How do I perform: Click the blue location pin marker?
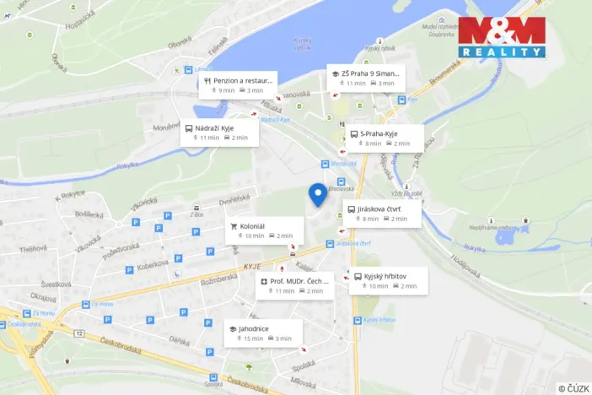coord(318,194)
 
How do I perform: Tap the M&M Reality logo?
coord(502,36)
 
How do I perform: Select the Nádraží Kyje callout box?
coord(217,133)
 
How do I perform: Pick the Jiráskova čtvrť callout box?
coord(381,213)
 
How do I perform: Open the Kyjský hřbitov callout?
coord(387,281)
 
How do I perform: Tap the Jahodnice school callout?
coord(261,333)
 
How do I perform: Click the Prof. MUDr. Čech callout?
coord(295,285)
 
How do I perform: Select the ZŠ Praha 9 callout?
coord(366,78)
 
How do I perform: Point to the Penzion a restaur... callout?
coord(238,84)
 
